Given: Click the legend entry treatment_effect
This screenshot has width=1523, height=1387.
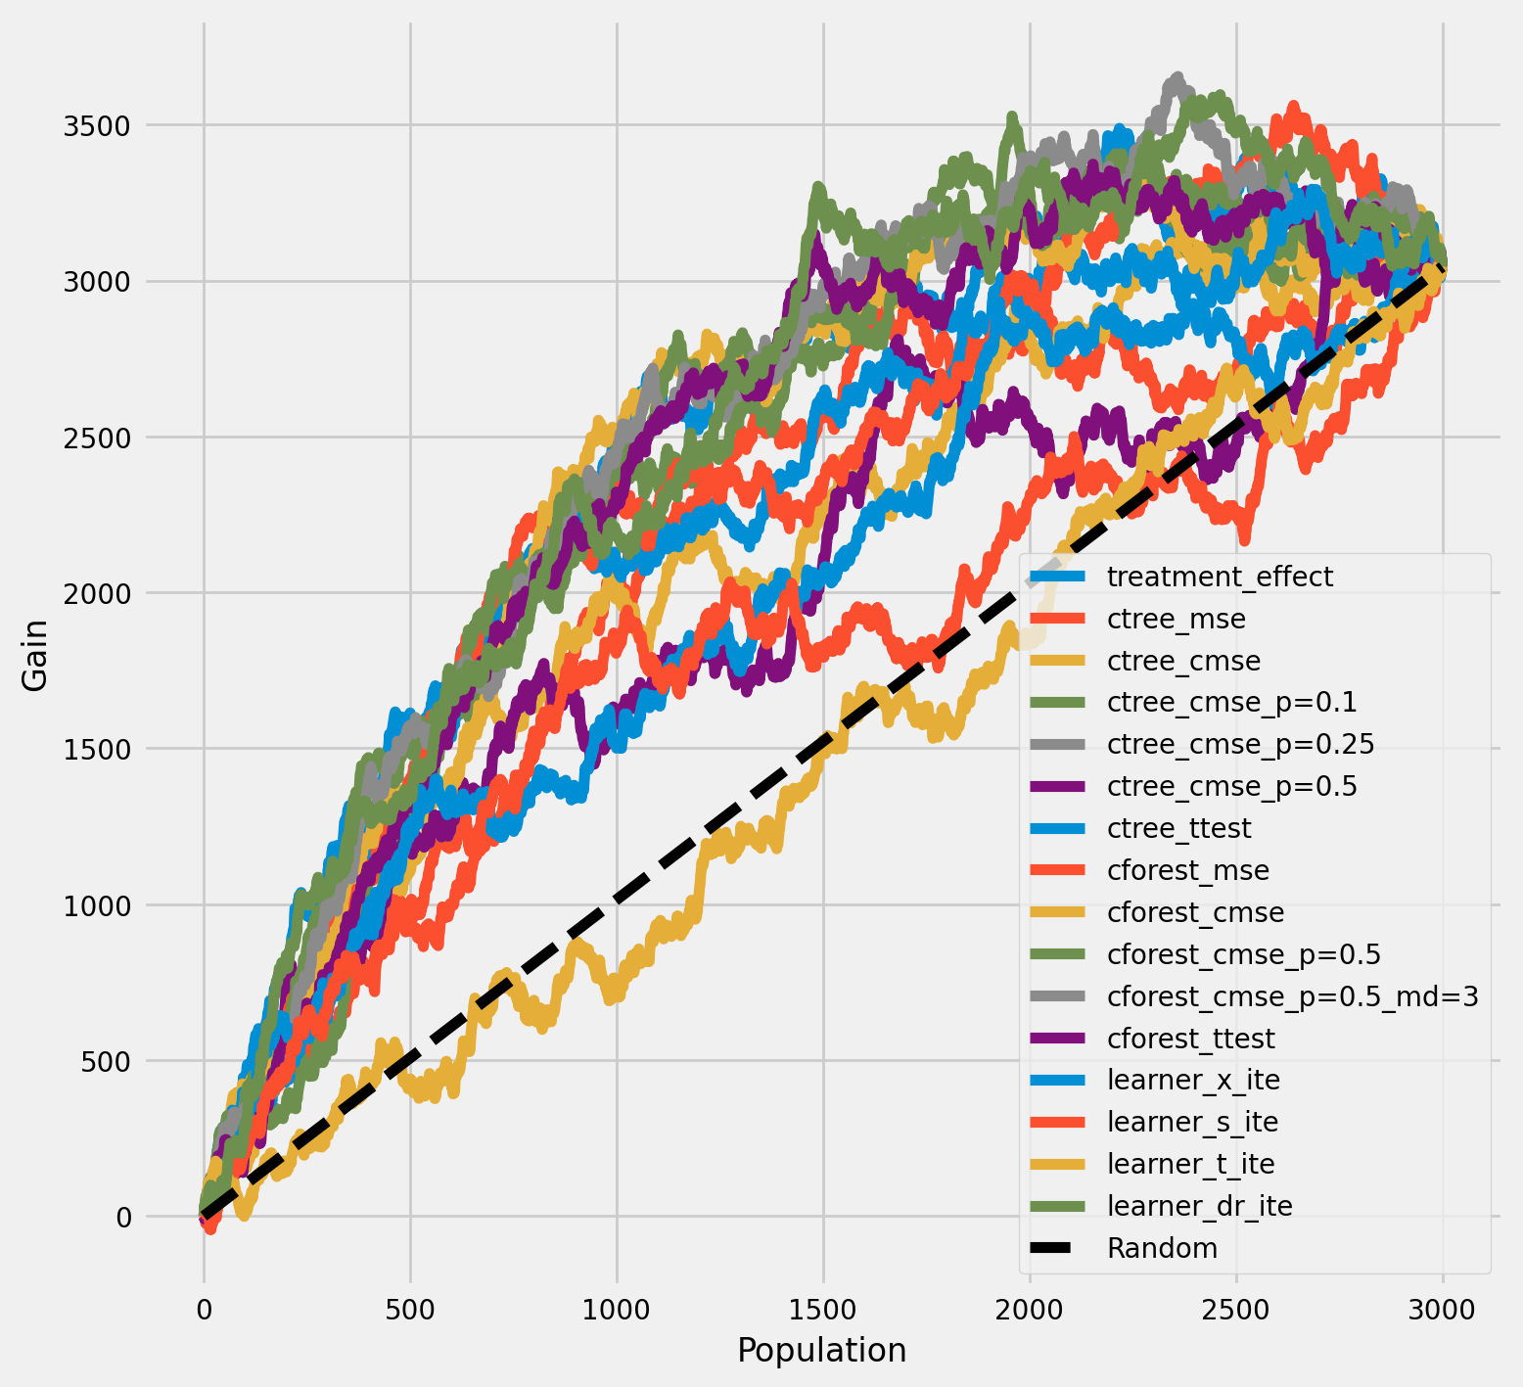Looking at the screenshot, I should (x=1220, y=577).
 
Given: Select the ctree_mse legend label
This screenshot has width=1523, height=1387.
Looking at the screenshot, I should (x=1176, y=619).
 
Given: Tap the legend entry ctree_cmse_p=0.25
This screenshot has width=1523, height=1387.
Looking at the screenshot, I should (x=1240, y=744).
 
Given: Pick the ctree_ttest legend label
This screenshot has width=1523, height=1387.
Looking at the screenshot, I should (x=1178, y=828).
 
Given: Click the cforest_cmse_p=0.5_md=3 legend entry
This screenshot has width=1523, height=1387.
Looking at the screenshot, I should (x=1292, y=996).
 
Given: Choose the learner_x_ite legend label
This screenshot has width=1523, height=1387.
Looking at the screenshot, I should (x=1193, y=1080).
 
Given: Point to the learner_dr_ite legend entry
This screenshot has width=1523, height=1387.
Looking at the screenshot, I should (x=1199, y=1206).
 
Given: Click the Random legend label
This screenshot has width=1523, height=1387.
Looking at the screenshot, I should (x=1162, y=1248).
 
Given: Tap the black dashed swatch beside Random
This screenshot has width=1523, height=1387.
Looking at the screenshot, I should (x=1061, y=1248).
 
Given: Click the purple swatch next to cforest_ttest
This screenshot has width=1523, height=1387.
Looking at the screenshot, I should (x=1061, y=1039).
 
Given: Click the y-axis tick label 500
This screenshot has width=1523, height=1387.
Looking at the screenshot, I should (x=108, y=1061).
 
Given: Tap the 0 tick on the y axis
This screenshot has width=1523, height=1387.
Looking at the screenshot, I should (x=124, y=1217).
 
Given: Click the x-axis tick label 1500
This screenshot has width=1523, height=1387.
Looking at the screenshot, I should (x=823, y=1309).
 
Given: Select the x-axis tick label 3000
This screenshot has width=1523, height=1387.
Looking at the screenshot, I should (x=1443, y=1309).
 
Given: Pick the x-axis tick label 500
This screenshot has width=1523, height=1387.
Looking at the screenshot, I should (x=410, y=1309).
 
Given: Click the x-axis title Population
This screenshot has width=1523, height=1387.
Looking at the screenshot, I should (x=821, y=1351).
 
